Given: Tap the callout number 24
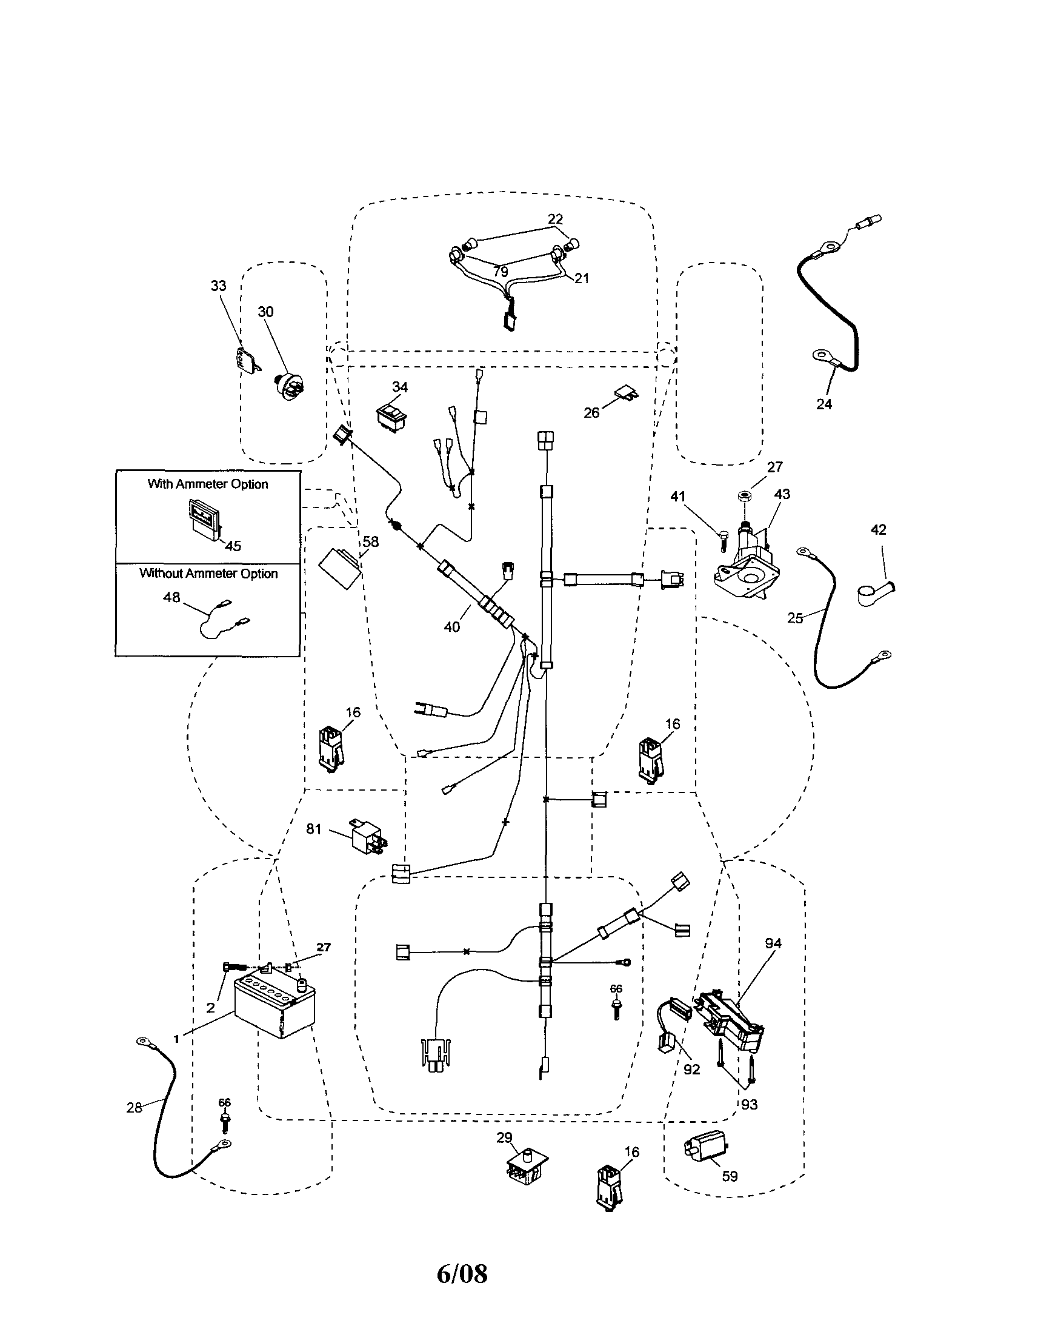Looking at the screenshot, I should pyautogui.click(x=824, y=404).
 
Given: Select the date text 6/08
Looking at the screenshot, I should pyautogui.click(x=462, y=1273).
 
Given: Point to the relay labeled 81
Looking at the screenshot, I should pyautogui.click(x=367, y=835).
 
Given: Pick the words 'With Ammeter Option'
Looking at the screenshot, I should pyautogui.click(x=208, y=484).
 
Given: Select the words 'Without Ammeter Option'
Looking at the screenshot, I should pyautogui.click(x=208, y=573).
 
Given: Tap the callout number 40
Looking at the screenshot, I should pyautogui.click(x=451, y=626).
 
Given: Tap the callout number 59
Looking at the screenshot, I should pyautogui.click(x=730, y=1176).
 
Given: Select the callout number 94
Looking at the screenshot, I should pyautogui.click(x=773, y=943).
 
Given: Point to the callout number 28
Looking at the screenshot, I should pyautogui.click(x=134, y=1108).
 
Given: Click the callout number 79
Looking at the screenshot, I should pyautogui.click(x=501, y=271).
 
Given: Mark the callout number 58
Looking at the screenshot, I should pyautogui.click(x=371, y=542).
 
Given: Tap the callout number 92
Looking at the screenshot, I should pyautogui.click(x=691, y=1069).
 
